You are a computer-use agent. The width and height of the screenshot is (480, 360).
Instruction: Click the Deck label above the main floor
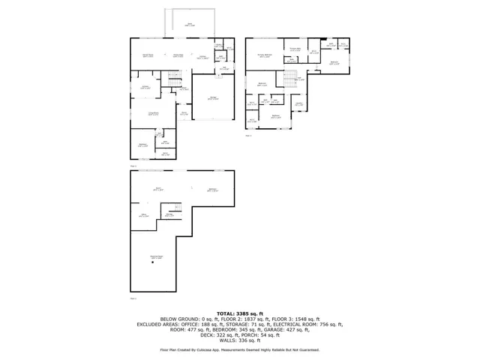[x=189, y=24]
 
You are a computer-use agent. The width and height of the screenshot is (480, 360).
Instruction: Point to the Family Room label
[x=148, y=55]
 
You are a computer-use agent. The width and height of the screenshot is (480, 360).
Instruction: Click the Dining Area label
[x=178, y=55]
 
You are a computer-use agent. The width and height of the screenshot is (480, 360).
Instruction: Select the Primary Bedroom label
[x=265, y=55]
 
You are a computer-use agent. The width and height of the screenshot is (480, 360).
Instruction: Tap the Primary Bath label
[x=295, y=49]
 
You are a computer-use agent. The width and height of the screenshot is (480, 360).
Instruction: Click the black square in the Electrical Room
[x=152, y=262]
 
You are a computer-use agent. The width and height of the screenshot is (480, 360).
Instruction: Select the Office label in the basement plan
[x=144, y=215]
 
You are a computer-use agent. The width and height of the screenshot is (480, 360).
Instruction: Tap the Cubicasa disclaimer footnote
[x=239, y=349]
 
